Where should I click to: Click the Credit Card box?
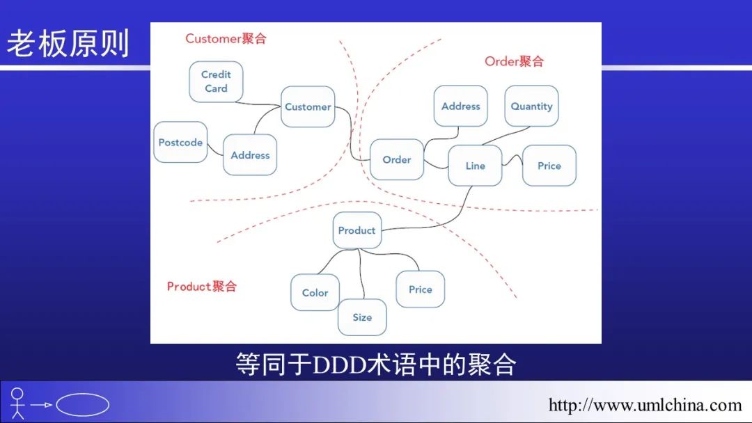click(x=216, y=81)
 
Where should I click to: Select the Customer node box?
click(x=308, y=106)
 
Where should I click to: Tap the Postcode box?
click(x=180, y=143)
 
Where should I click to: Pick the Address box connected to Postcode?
click(x=250, y=155)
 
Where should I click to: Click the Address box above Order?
click(x=461, y=106)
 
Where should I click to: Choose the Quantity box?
click(x=531, y=106)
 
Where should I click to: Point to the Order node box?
click(x=397, y=159)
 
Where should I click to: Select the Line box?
click(x=475, y=166)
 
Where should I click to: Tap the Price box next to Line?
click(x=549, y=166)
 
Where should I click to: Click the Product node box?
click(x=357, y=230)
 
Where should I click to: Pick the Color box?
click(x=315, y=292)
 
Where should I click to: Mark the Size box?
click(x=362, y=317)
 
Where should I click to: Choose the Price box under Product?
click(x=421, y=289)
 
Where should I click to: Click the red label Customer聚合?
click(x=226, y=38)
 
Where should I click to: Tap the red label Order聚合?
click(x=514, y=61)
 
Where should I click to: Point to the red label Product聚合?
click(x=202, y=286)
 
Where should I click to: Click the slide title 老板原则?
click(x=68, y=43)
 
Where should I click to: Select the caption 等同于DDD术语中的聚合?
click(x=376, y=364)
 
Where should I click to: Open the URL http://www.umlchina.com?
click(x=645, y=405)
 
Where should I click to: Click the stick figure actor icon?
click(x=17, y=403)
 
